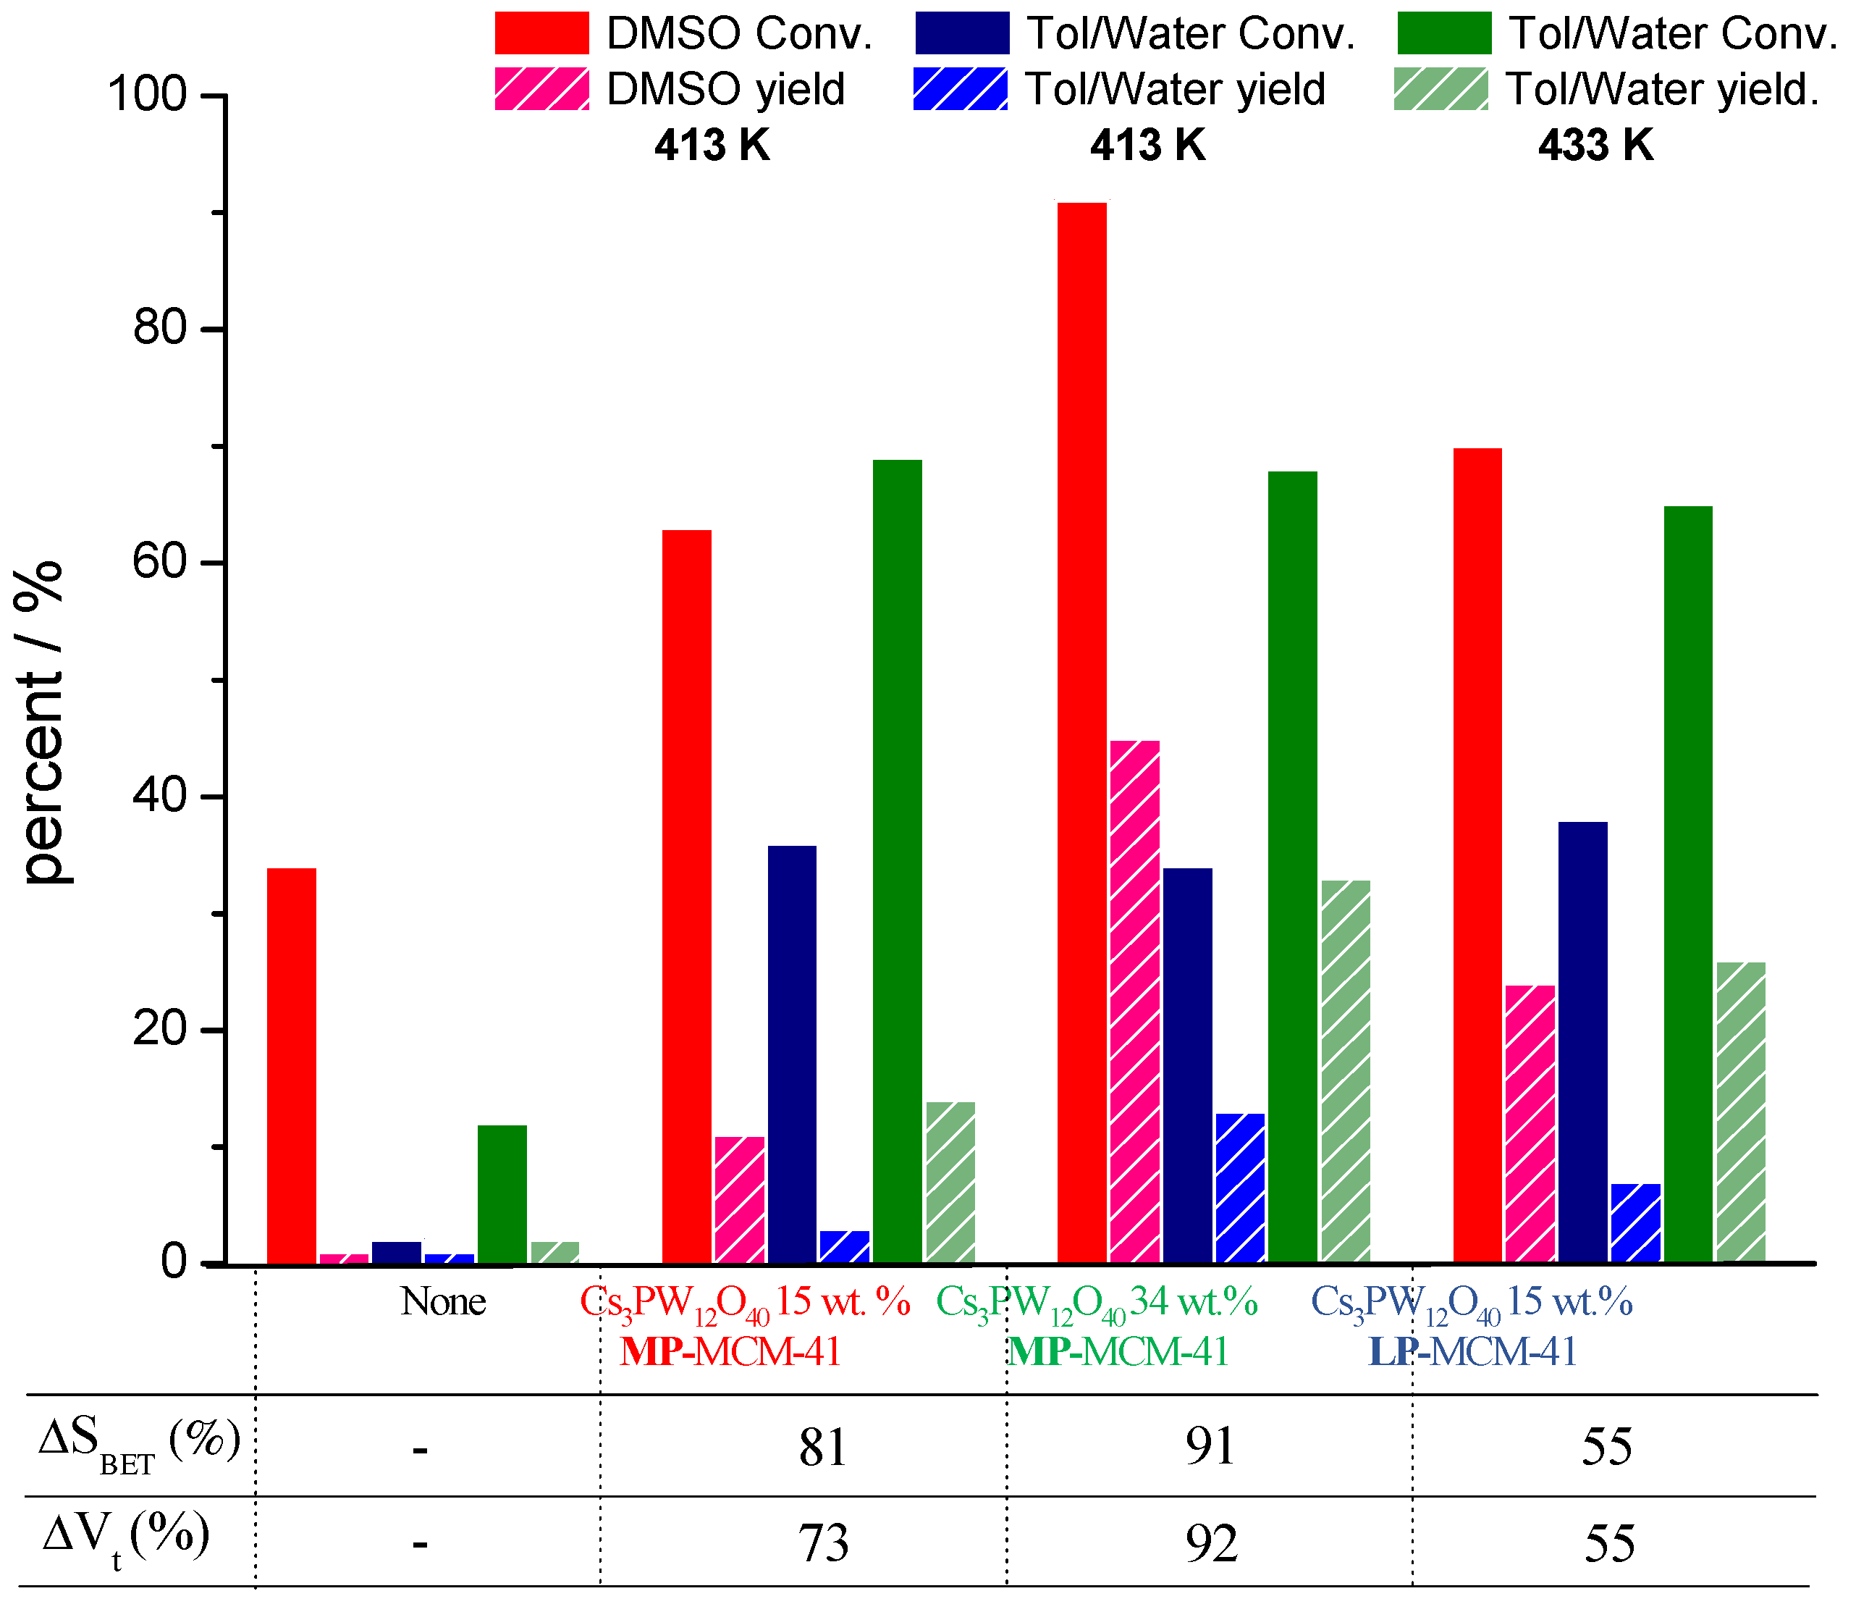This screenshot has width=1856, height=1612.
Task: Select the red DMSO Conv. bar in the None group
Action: click(x=291, y=1065)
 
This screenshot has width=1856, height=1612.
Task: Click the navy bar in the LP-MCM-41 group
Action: click(x=1582, y=1041)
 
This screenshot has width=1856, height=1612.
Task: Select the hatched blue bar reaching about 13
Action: click(x=1239, y=1188)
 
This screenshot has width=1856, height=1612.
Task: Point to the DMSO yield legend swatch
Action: click(x=541, y=88)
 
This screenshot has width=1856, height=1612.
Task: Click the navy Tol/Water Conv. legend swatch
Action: click(x=961, y=33)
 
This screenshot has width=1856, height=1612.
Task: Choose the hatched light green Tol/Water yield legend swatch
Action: click(x=1440, y=88)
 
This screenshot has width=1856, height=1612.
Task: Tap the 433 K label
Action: click(x=1595, y=145)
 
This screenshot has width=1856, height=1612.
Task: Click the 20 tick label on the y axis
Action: click(x=160, y=1029)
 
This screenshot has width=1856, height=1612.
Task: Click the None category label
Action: click(x=442, y=1301)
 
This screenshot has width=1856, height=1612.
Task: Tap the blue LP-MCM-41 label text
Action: click(x=1473, y=1352)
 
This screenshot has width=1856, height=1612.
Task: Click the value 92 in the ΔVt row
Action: click(x=1210, y=1544)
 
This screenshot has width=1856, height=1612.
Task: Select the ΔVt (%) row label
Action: click(x=126, y=1537)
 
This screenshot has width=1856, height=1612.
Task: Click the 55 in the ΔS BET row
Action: click(x=1606, y=1448)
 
